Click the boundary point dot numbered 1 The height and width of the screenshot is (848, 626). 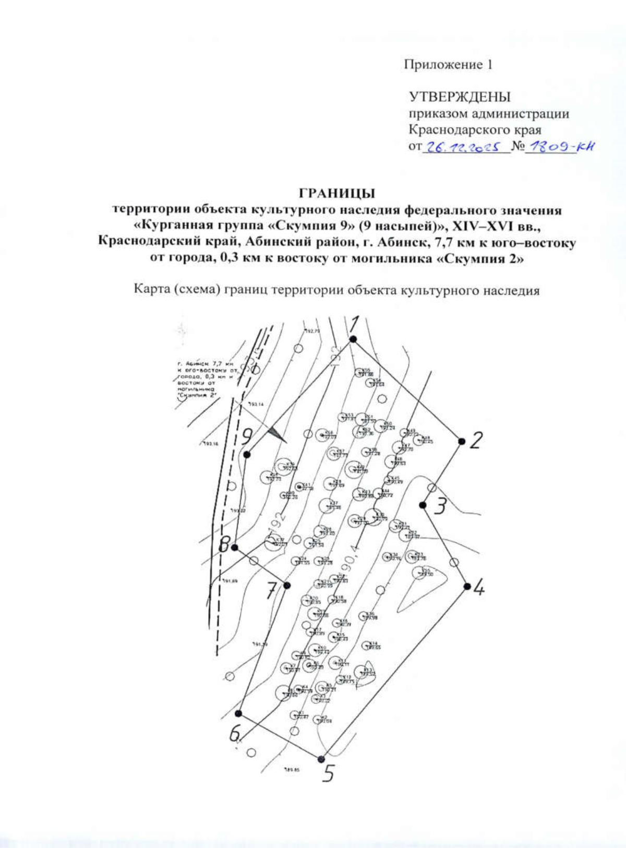pyautogui.click(x=353, y=339)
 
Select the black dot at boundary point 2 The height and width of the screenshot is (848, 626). pyautogui.click(x=461, y=441)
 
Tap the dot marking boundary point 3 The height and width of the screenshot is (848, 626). pyautogui.click(x=423, y=505)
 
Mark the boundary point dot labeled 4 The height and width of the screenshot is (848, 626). pyautogui.click(x=467, y=586)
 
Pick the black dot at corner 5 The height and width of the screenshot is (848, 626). pyautogui.click(x=321, y=759)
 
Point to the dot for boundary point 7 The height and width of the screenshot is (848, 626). pyautogui.click(x=286, y=585)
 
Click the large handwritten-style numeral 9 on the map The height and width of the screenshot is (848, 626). pyautogui.click(x=248, y=434)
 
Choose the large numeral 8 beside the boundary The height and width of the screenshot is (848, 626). pyautogui.click(x=224, y=545)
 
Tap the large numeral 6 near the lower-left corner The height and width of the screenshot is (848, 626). pyautogui.click(x=235, y=734)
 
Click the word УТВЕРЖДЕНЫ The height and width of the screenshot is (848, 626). pyautogui.click(x=460, y=97)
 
